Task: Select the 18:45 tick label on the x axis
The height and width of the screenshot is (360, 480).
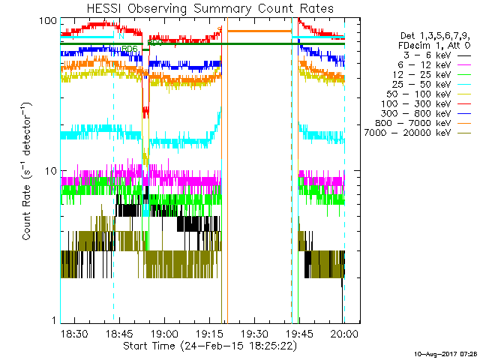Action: tap(119, 332)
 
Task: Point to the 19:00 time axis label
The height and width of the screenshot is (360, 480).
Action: tap(164, 332)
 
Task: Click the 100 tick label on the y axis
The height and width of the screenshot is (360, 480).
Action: tap(48, 20)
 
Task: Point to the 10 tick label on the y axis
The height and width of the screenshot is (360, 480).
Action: tap(51, 170)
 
